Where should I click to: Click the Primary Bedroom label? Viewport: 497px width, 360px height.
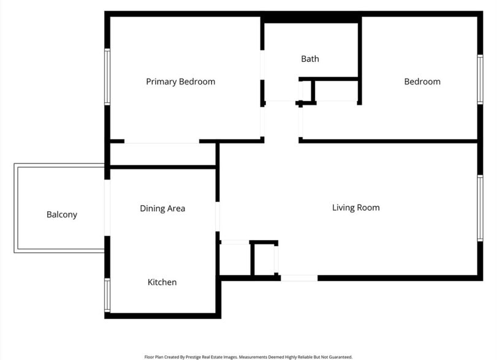point(180,81)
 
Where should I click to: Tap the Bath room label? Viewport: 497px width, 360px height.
point(309,59)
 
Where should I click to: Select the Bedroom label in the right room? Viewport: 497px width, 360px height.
point(422,81)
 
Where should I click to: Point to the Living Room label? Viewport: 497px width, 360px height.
point(355,208)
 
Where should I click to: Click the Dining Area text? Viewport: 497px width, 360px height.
point(162,208)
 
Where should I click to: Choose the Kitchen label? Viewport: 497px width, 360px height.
point(162,282)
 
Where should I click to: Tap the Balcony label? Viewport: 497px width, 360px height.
point(62,214)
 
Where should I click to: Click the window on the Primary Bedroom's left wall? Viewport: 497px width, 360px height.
point(107,77)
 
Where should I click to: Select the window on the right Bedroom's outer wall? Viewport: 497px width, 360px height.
point(480,81)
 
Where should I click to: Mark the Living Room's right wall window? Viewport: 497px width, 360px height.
point(480,208)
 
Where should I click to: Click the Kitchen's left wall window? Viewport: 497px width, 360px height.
point(107,295)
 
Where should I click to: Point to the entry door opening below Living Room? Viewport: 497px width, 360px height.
point(299,278)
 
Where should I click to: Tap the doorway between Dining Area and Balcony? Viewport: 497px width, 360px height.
point(107,208)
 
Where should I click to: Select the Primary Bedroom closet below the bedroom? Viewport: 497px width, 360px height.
point(162,155)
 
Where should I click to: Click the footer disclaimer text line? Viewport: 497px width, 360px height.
point(248,356)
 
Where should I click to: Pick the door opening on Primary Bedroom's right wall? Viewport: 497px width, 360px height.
point(262,121)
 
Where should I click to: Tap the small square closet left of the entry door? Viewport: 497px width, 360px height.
point(264,259)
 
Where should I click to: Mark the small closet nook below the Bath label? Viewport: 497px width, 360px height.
point(306,91)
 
